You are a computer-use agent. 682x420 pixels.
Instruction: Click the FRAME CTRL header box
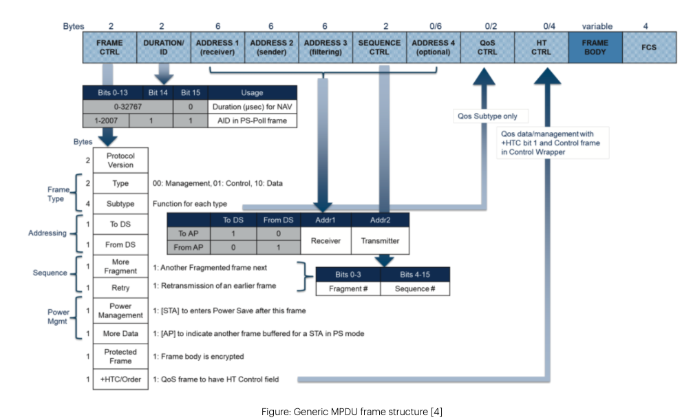109,47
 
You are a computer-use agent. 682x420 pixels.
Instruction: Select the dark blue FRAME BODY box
594,47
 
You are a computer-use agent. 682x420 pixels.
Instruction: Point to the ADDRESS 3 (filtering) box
326,47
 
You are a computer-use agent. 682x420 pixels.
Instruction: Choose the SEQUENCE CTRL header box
379,47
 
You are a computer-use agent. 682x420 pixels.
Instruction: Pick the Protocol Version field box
120,160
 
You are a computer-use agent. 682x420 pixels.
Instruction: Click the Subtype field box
120,204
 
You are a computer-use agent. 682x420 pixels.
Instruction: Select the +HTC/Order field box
120,379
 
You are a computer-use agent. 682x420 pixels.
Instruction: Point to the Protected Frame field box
120,356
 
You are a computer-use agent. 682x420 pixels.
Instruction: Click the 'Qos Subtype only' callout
489,116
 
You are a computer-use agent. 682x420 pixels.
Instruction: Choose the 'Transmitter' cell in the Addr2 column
380,242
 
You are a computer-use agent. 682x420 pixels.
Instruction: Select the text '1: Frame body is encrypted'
198,357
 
